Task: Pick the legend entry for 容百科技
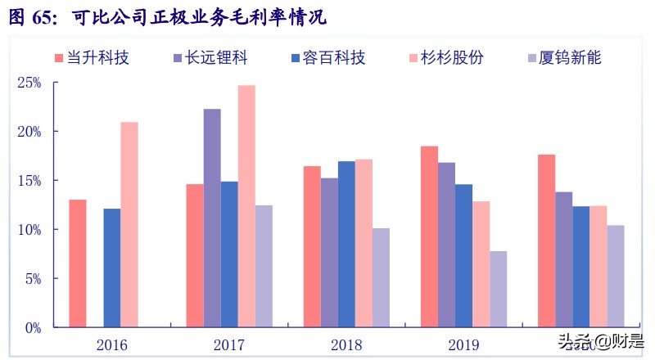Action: [327, 58]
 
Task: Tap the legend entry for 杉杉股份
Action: [445, 58]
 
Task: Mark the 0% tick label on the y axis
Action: [33, 328]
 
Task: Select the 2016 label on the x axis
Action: [112, 344]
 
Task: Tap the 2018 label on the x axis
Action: [346, 344]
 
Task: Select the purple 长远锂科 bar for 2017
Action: [212, 218]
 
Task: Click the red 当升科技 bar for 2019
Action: [429, 236]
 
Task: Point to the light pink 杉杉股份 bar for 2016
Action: [129, 224]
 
